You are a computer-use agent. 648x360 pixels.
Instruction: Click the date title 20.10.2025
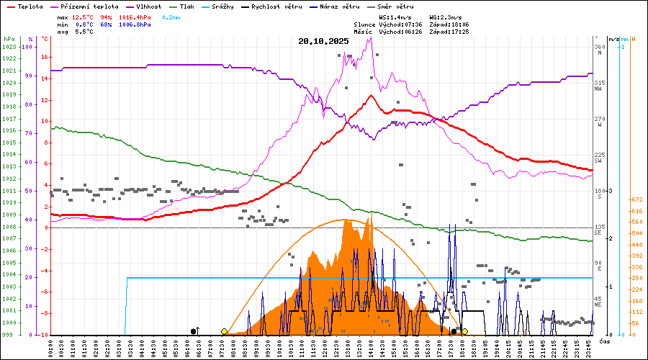point(323,41)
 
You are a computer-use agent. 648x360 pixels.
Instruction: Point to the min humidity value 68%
point(106,24)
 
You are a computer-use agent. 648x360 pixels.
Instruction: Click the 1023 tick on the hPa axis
point(9,47)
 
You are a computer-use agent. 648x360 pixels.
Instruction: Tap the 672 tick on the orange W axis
point(636,199)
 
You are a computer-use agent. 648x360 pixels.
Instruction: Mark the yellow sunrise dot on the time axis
point(225,331)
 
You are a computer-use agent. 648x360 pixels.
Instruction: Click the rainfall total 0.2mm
point(171,17)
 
